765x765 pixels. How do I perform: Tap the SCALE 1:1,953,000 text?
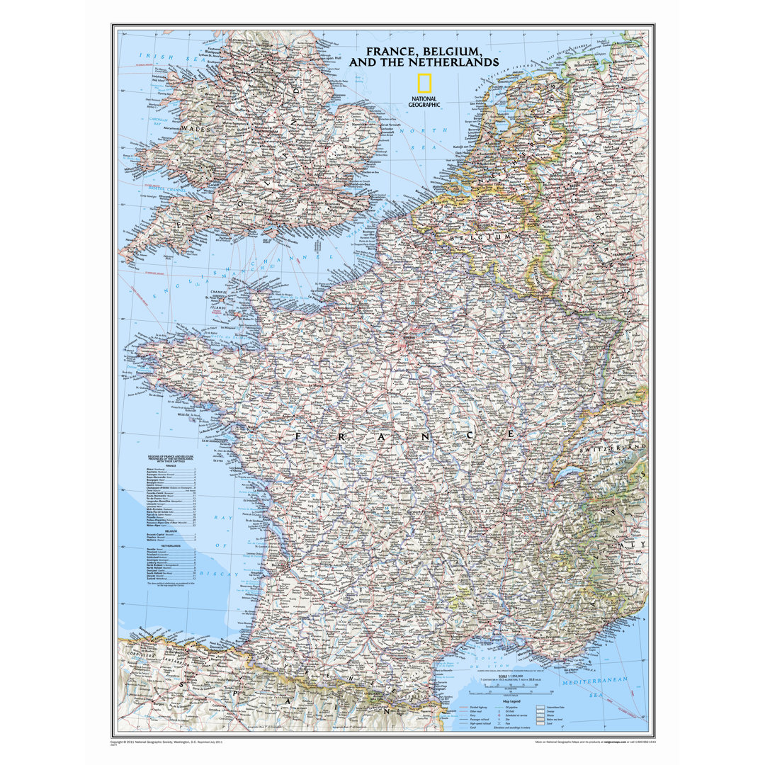tap(511, 675)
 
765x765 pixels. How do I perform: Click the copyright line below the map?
tap(166, 741)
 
